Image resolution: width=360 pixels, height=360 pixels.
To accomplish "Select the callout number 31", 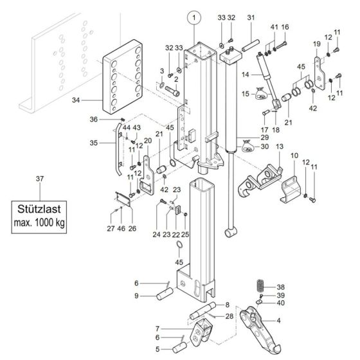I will tap(251, 17).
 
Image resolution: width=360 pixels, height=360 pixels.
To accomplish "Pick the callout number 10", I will tap(294, 156).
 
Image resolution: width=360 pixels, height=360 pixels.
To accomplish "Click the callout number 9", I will tap(137, 296).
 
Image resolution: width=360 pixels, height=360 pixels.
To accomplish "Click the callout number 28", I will tap(230, 316).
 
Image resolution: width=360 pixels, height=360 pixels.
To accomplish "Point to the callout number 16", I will tap(285, 27).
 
